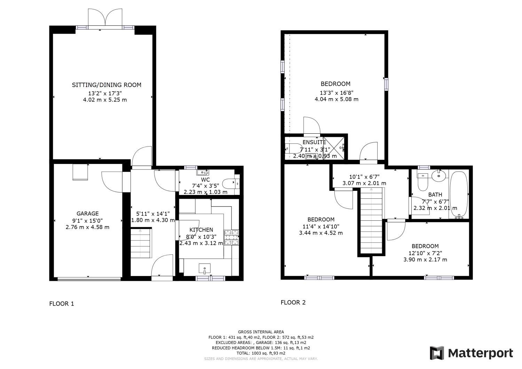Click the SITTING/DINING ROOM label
pos(106,85)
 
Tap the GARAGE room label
pos(87,213)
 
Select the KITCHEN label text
pos(201,230)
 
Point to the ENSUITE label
pos(314,142)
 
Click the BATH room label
pos(435,195)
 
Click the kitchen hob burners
pos(231,237)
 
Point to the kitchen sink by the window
pos(205,268)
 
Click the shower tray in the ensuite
pos(333,148)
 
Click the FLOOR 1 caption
pos(62,304)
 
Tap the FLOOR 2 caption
pos(293,303)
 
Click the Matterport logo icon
pos(437,353)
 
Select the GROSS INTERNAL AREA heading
pos(261,332)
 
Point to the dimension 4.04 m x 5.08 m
pos(336,99)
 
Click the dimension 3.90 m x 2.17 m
pos(425,260)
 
